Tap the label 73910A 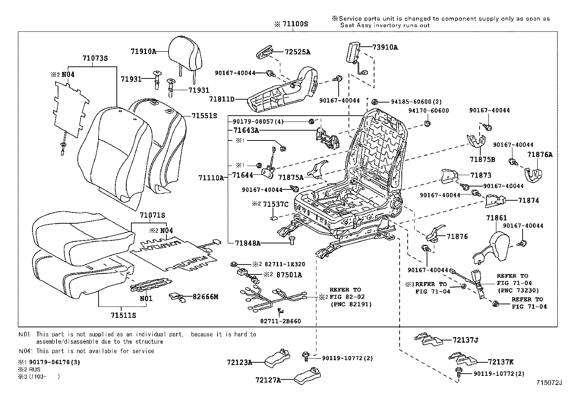tap(385, 47)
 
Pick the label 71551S tap(204, 116)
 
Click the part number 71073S tap(95, 58)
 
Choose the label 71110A tap(211, 178)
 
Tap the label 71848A tap(248, 243)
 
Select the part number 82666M tap(205, 297)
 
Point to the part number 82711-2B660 tap(281, 321)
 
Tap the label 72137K tap(501, 362)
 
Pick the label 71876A tap(540, 154)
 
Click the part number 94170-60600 tap(428, 111)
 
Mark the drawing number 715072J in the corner tap(549, 382)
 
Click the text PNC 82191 tap(351, 304)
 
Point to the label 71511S tap(123, 315)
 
